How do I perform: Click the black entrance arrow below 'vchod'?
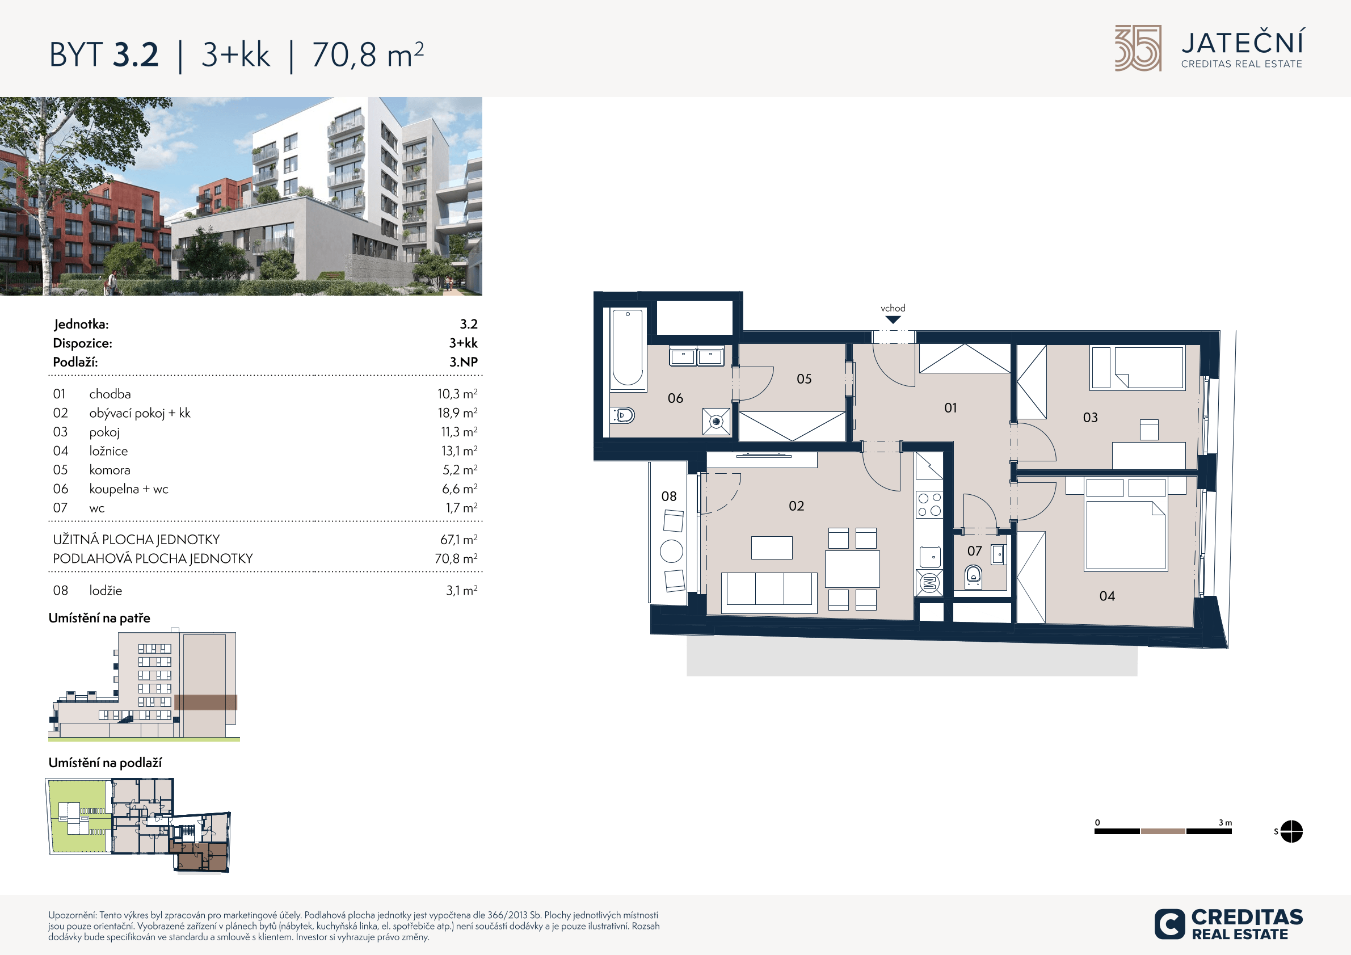[x=893, y=320]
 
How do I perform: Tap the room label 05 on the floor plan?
[x=804, y=379]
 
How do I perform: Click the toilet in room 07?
[x=973, y=577]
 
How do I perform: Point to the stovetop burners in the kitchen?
[x=929, y=505]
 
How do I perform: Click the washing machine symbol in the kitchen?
[x=929, y=583]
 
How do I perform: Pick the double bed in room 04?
[x=1126, y=535]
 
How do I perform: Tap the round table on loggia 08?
[x=671, y=552]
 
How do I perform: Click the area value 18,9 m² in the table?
[x=457, y=413]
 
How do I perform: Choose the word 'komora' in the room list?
[x=110, y=470]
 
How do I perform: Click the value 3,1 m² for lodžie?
[x=461, y=590]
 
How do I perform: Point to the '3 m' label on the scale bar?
[x=1225, y=823]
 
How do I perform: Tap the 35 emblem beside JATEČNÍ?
[x=1138, y=48]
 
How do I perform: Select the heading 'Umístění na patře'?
[x=99, y=618]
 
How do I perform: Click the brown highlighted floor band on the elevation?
[x=205, y=702]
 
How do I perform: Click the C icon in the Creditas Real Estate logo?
[x=1170, y=924]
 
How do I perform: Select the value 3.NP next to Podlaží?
[x=464, y=362]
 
